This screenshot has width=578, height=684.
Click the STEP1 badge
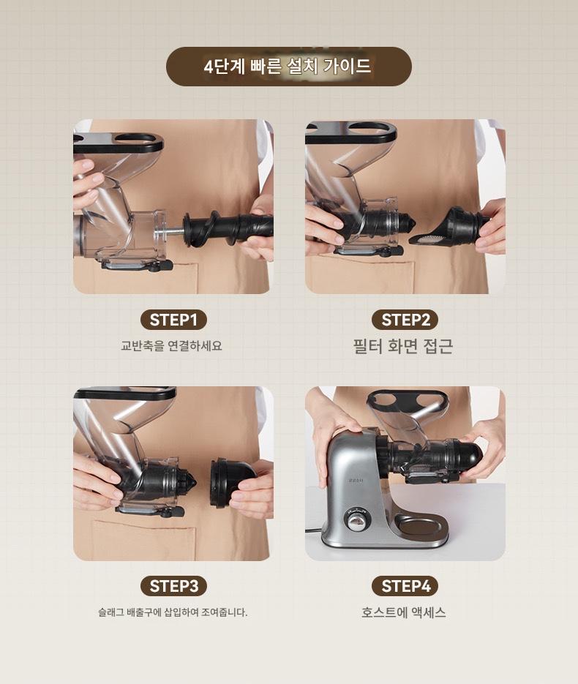pos(173,320)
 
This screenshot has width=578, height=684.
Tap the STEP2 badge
pos(405,320)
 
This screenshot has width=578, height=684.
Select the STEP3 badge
pos(173,586)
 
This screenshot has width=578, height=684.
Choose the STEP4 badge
pos(405,586)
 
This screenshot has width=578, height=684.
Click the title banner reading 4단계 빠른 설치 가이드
pos(288,67)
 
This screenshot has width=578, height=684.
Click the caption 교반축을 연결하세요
pos(171,346)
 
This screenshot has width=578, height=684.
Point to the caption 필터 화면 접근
pos(403,346)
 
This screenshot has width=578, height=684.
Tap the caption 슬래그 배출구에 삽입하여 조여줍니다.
pos(173,612)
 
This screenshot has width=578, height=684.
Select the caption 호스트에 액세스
pos(404,612)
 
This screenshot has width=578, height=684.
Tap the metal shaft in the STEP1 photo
pos(173,232)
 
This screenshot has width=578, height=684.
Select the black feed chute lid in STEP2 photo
pos(351,132)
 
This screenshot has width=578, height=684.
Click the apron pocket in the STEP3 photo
pos(144,540)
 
